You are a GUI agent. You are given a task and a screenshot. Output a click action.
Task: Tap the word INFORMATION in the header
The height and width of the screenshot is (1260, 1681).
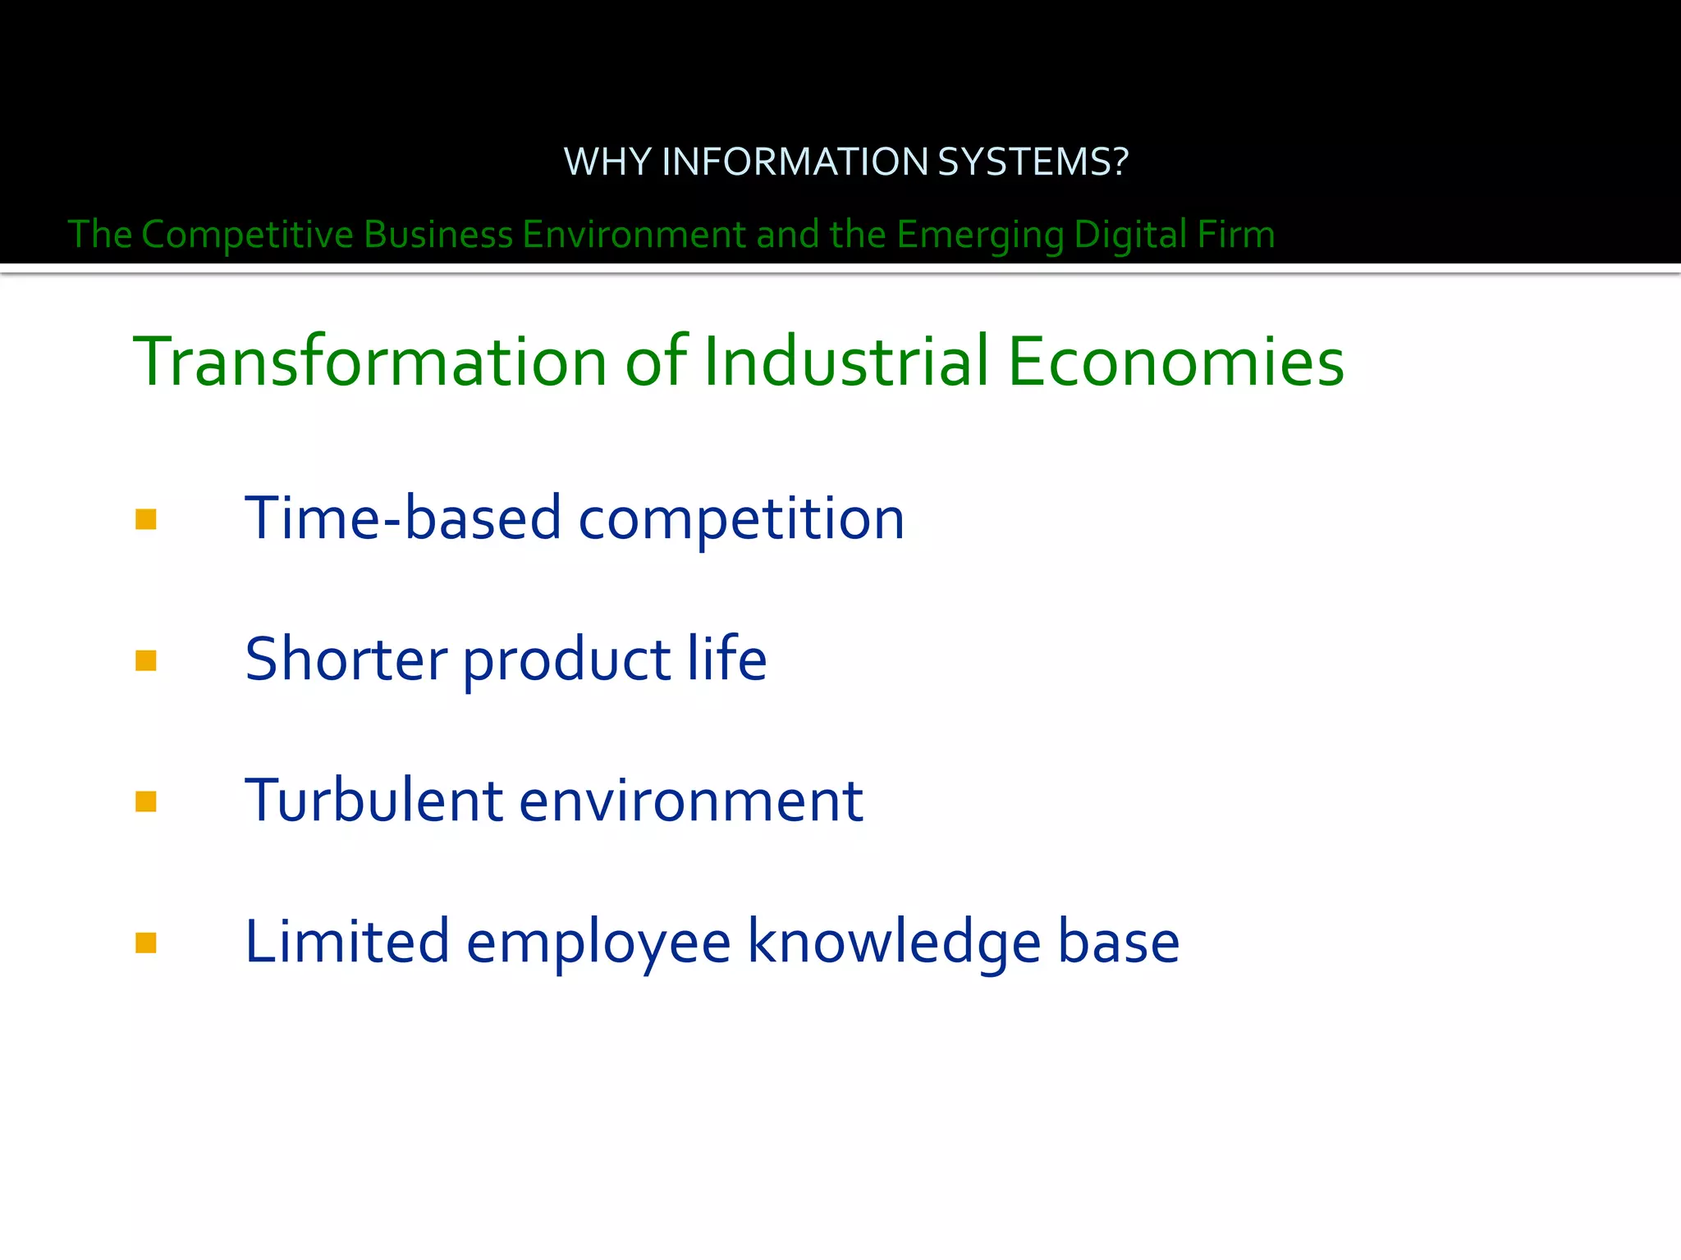coord(795,162)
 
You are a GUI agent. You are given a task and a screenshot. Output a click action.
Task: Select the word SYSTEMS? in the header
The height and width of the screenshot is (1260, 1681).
coord(1033,162)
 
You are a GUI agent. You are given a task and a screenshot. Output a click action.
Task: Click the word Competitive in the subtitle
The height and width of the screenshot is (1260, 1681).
coord(246,235)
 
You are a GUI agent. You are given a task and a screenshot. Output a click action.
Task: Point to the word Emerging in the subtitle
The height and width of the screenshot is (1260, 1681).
coord(980,235)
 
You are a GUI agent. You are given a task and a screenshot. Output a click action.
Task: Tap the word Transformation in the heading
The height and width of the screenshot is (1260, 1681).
coord(369,362)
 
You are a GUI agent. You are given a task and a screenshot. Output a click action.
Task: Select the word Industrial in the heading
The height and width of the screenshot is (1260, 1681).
coord(846,362)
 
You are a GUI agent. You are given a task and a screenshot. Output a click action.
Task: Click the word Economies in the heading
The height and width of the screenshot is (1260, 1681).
coord(1175,362)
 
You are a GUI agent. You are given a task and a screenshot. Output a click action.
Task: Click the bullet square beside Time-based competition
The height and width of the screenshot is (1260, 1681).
coord(146,520)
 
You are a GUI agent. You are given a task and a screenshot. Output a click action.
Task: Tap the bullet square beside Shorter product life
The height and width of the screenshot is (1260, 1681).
coord(146,661)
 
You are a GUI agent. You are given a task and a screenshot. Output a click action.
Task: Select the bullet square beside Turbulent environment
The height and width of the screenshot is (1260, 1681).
coord(146,801)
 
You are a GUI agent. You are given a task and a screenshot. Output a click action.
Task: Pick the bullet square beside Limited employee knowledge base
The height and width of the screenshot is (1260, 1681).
coord(146,943)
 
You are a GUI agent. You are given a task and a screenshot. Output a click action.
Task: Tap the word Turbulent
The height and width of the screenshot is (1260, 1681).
coord(374,801)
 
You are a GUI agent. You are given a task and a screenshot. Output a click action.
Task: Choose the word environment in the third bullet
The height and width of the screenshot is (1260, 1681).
coord(691,801)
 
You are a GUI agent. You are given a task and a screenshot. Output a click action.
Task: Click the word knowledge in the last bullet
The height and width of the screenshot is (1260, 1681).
coord(894,943)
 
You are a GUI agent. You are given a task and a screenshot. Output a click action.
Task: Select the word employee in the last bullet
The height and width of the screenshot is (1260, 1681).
coord(598,943)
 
